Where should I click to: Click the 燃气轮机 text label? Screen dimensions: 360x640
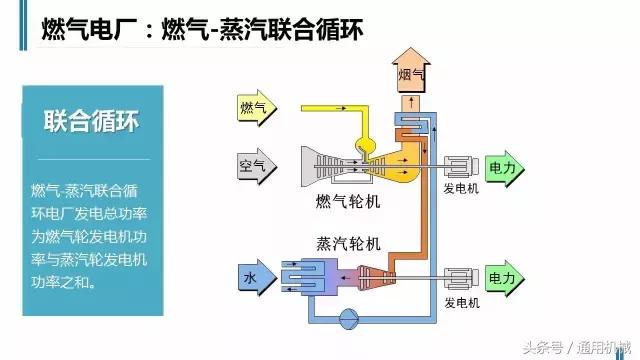click(x=347, y=202)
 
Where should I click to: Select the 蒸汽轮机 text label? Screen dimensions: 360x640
click(x=347, y=243)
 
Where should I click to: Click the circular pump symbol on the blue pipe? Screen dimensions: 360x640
click(x=349, y=319)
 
